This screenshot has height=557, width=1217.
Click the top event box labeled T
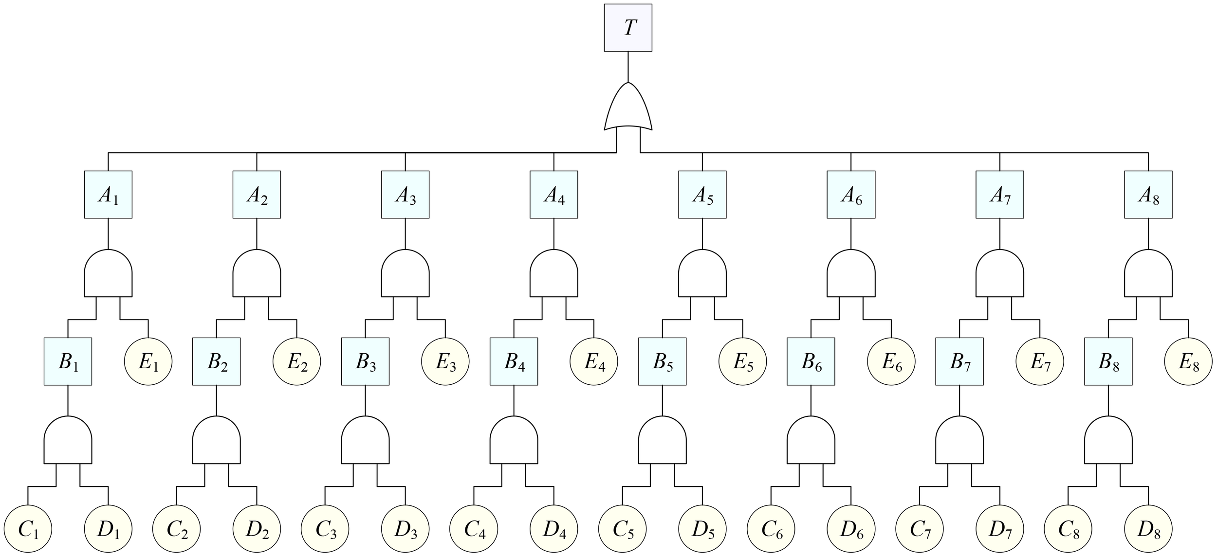pyautogui.click(x=628, y=28)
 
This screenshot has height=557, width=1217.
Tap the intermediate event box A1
pyautogui.click(x=108, y=195)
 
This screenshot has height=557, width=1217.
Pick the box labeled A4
pyautogui.click(x=554, y=195)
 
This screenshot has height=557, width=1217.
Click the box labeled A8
pyautogui.click(x=1148, y=195)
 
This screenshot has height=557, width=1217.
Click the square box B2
pyautogui.click(x=217, y=361)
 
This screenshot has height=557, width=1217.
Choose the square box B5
pyautogui.click(x=663, y=361)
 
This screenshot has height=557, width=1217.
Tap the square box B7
pyautogui.click(x=959, y=361)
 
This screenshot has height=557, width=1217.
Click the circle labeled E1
pyautogui.click(x=148, y=361)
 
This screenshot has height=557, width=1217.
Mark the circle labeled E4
pyautogui.click(x=594, y=361)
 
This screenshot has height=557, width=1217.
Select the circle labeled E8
pyautogui.click(x=1188, y=361)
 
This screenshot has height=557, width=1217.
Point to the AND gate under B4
pyautogui.click(x=514, y=441)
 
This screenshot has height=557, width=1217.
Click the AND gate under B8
pyautogui.click(x=1108, y=441)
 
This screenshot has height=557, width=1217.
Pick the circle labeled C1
pyautogui.click(x=28, y=529)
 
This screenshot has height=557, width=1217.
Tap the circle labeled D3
pyautogui.click(x=405, y=529)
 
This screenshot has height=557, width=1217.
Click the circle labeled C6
pyautogui.click(x=771, y=529)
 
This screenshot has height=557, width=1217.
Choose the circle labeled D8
pyautogui.click(x=1148, y=529)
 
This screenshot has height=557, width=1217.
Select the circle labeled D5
pyautogui.click(x=702, y=529)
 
